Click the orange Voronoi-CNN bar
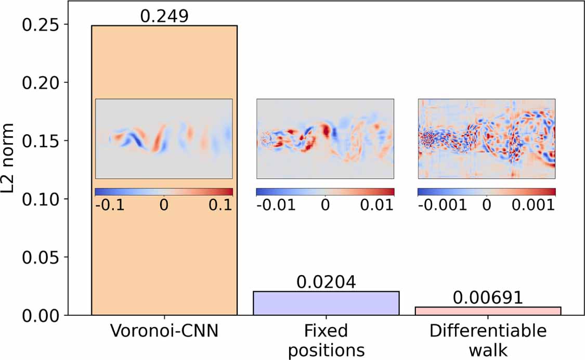point(164,250)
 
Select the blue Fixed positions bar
point(326,303)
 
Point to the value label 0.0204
point(326,282)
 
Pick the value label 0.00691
point(487,297)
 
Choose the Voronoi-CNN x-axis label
point(164,331)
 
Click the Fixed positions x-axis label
point(326,340)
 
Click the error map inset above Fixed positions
point(326,138)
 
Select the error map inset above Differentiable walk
point(487,138)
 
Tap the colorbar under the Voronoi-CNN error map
point(164,192)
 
